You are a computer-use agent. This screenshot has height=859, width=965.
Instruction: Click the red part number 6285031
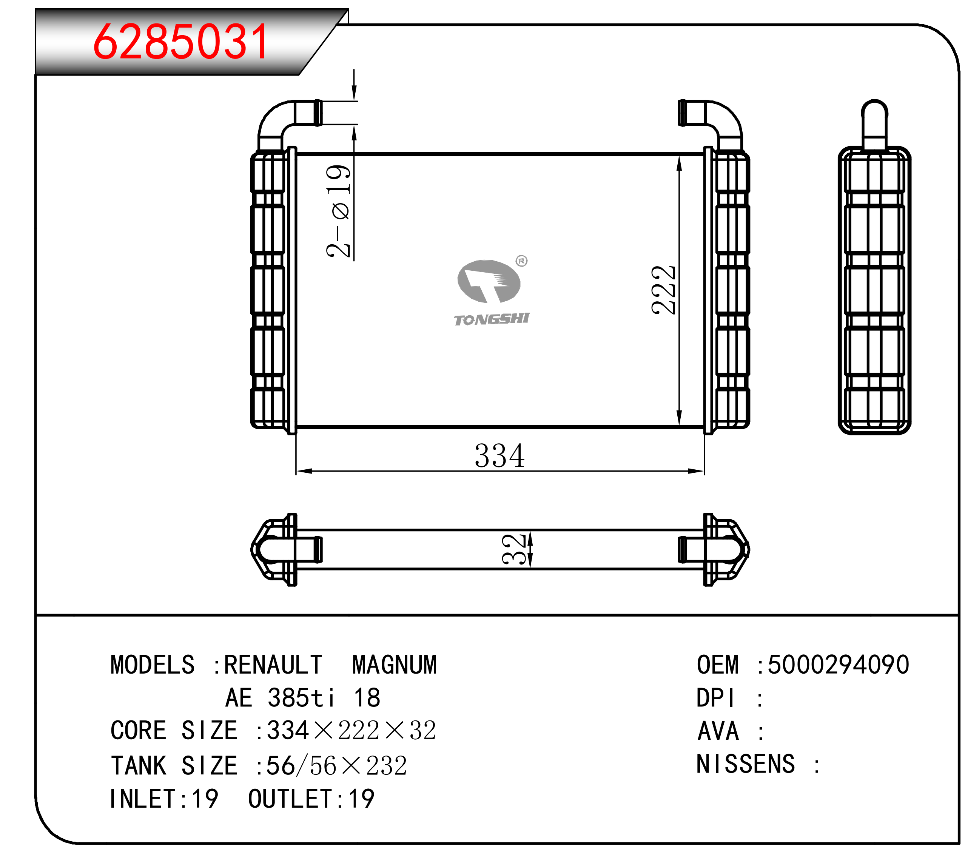181,42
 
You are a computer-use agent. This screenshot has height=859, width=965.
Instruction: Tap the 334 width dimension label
499,456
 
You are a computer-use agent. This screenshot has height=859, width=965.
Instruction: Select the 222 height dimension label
663,290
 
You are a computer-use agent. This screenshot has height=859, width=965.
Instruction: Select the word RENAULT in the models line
273,665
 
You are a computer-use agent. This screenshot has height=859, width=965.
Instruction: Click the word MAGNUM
395,665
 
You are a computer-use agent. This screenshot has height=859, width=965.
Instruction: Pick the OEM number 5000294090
839,665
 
